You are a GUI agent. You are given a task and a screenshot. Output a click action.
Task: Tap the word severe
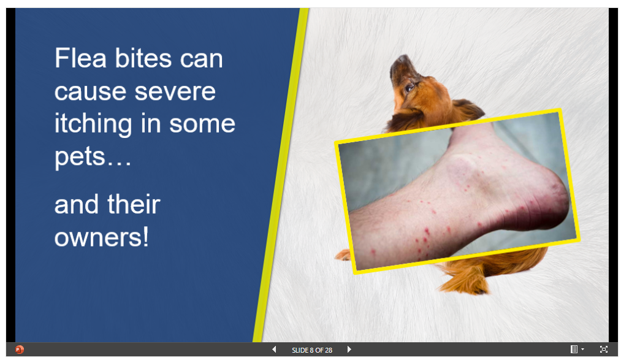pos(175,91)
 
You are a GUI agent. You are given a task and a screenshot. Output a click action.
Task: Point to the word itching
pos(93,124)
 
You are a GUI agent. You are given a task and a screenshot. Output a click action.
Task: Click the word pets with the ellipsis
pos(93,157)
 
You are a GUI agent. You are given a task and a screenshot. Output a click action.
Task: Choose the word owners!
pos(102,237)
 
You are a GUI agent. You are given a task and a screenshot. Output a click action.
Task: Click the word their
pos(134,204)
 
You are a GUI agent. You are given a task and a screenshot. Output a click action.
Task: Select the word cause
pos(90,92)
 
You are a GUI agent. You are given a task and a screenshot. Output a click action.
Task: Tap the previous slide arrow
pos(273,350)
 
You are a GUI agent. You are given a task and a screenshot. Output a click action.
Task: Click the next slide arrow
pos(349,350)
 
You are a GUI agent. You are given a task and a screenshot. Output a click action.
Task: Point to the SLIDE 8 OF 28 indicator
pos(311,350)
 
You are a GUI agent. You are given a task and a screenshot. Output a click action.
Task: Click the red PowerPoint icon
pos(19,350)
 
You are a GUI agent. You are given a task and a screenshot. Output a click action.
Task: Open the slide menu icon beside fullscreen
pos(577,350)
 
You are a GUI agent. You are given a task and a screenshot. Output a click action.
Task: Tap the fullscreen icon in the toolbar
pos(604,350)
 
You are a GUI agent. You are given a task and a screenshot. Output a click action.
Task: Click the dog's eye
pos(410,88)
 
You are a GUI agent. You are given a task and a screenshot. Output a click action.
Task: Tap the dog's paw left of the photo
pos(343,255)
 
